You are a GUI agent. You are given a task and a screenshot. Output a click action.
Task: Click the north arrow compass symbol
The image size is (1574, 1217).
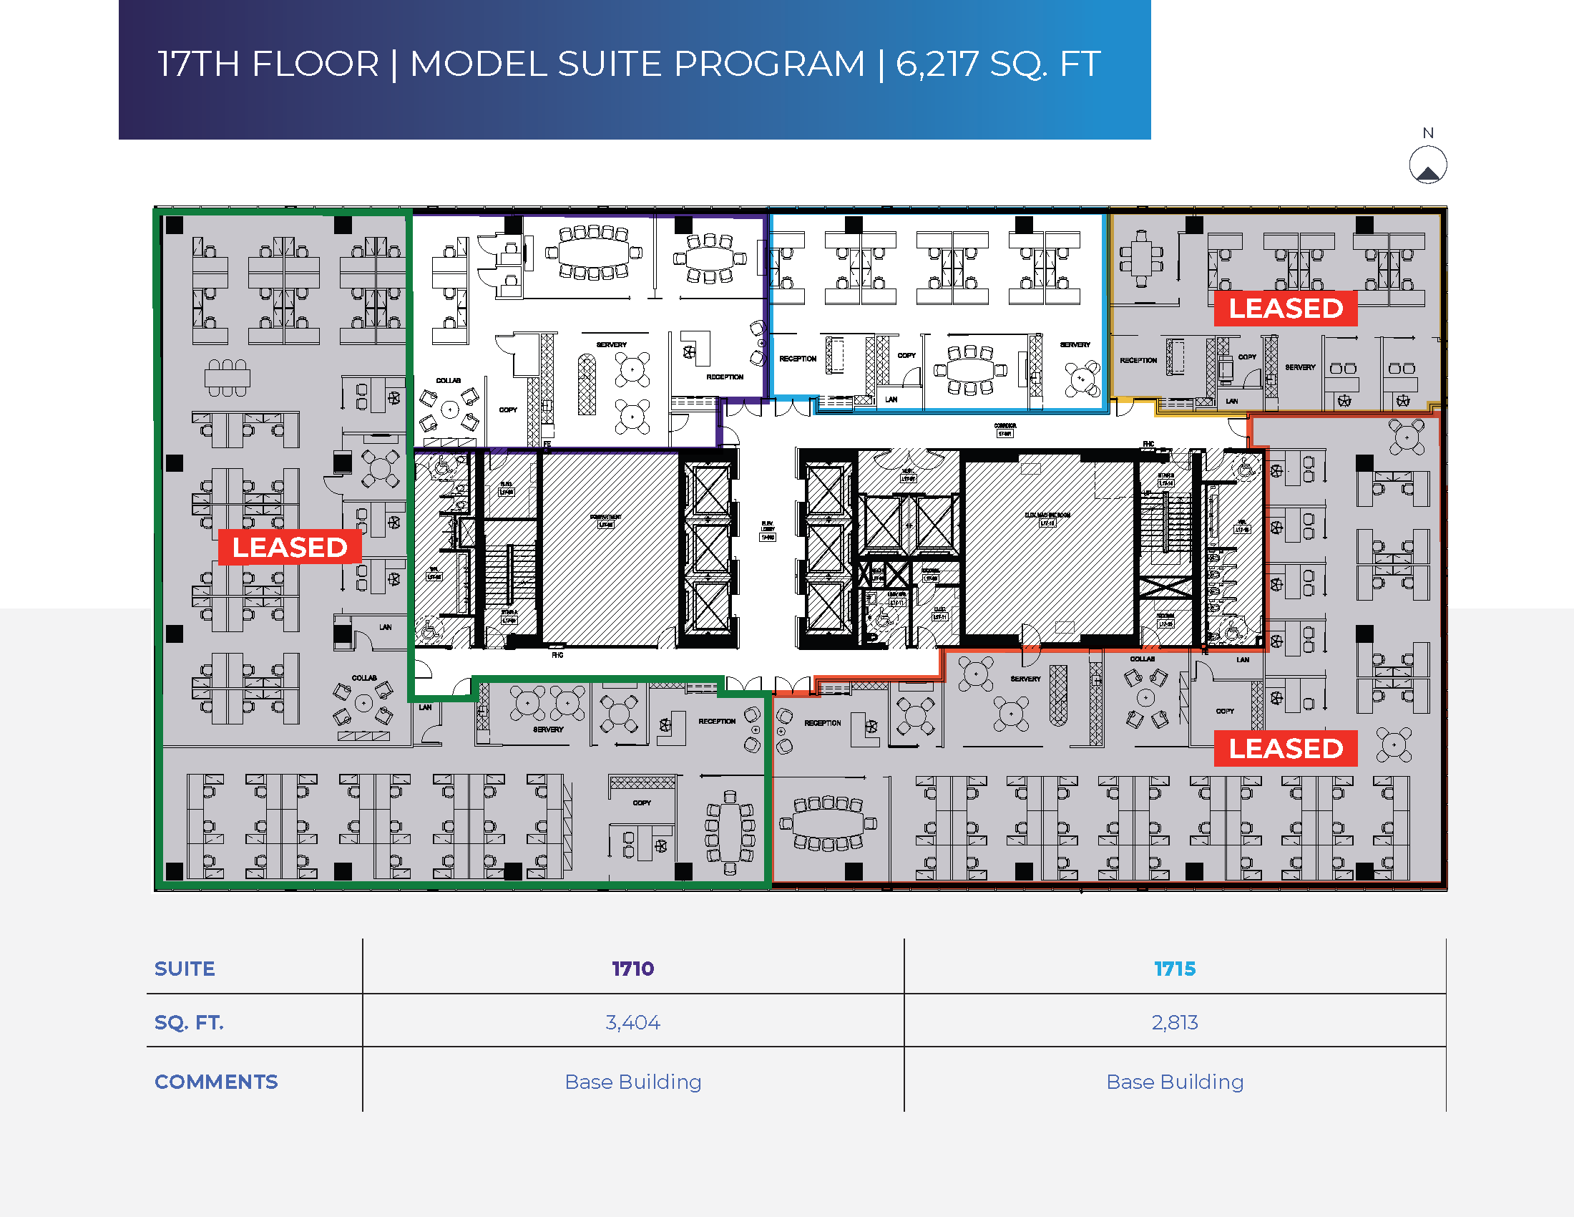point(1428,165)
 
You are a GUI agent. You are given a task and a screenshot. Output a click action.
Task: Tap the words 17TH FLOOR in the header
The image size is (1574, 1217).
point(268,64)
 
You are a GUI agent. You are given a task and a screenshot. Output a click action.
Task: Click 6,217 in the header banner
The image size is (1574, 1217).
point(937,64)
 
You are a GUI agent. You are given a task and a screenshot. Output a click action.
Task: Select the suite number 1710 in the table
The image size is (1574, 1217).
point(632,969)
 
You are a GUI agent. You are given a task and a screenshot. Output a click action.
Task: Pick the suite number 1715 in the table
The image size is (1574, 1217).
point(1175,969)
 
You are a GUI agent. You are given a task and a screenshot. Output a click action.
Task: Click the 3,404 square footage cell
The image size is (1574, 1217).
point(632,1022)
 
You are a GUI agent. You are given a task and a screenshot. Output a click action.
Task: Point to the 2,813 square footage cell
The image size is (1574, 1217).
point(1175,1022)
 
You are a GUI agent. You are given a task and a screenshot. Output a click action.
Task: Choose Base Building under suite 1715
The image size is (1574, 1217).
point(1175,1082)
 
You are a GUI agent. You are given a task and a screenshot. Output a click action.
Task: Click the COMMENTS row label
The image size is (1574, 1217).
point(215,1082)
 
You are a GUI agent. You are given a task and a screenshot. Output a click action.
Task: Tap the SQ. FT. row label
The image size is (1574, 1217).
point(189,1022)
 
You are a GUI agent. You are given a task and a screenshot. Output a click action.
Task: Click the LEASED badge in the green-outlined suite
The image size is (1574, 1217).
point(290,547)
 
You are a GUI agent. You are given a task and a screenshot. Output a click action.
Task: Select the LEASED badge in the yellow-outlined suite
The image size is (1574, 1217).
point(1286,309)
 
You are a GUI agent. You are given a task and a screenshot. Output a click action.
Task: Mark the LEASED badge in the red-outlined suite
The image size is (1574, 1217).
point(1286,748)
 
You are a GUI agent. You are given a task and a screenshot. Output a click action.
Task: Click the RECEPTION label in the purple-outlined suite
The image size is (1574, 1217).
point(724,377)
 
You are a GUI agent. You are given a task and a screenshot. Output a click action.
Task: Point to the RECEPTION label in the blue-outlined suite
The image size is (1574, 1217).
point(798,359)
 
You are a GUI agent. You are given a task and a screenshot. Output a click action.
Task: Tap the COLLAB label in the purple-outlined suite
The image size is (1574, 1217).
point(449,380)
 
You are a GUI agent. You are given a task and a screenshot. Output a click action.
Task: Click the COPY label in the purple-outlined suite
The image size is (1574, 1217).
point(508,409)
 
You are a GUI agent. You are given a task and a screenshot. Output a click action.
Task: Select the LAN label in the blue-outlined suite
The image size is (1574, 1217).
point(891,399)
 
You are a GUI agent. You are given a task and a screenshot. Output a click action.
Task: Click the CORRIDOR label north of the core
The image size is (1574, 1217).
point(1004,426)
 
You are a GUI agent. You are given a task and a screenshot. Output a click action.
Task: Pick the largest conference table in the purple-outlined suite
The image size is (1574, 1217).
point(594,252)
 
